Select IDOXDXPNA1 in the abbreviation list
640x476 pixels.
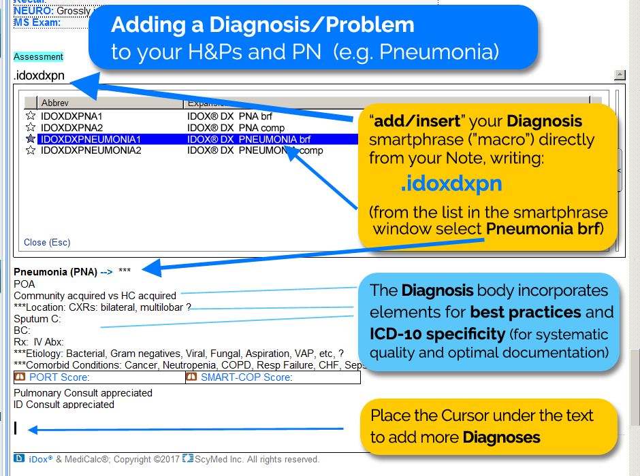pyautogui.click(x=71, y=116)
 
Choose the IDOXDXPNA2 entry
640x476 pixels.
pyautogui.click(x=71, y=128)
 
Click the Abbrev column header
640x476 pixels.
pyautogui.click(x=54, y=103)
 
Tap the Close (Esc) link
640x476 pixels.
pyautogui.click(x=47, y=242)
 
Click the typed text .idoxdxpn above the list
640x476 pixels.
pyautogui.click(x=39, y=75)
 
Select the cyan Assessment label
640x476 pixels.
pyautogui.click(x=38, y=57)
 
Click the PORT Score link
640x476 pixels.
pyautogui.click(x=59, y=377)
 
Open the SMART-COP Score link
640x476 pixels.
pyautogui.click(x=246, y=377)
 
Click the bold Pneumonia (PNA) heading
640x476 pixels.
pyautogui.click(x=55, y=271)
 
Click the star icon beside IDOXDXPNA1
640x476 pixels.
pyautogui.click(x=30, y=116)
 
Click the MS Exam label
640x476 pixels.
pyautogui.click(x=37, y=22)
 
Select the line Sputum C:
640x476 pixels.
pyautogui.click(x=37, y=319)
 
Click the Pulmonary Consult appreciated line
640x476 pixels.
pyautogui.click(x=83, y=393)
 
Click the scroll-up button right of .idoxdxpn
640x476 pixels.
pyautogui.click(x=620, y=75)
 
